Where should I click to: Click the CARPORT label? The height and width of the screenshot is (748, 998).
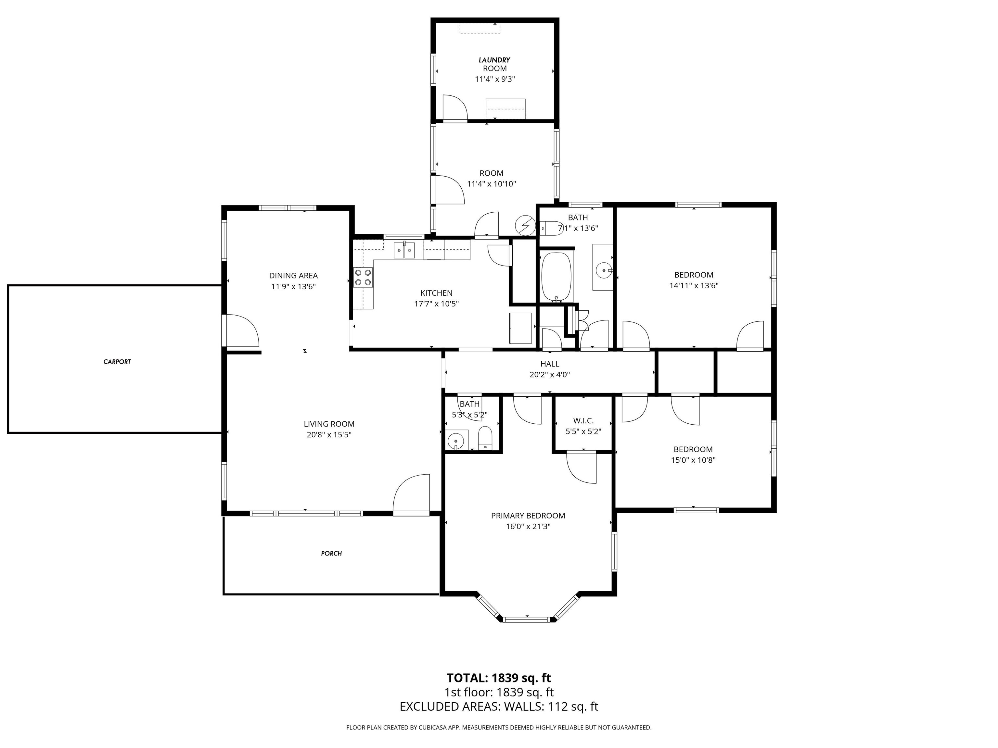click(117, 362)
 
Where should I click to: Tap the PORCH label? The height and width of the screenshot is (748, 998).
click(331, 553)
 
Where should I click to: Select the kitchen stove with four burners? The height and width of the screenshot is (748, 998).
click(363, 277)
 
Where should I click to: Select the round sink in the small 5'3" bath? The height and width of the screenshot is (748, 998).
click(456, 440)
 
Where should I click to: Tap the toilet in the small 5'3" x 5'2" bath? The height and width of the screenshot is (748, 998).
click(485, 438)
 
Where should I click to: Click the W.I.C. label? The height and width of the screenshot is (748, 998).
click(583, 421)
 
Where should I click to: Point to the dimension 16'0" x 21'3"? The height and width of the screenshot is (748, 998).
click(528, 527)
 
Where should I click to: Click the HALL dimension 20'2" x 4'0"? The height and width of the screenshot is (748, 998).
click(550, 374)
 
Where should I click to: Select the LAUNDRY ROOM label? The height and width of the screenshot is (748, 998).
click(494, 64)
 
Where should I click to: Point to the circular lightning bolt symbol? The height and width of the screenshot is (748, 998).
click(524, 225)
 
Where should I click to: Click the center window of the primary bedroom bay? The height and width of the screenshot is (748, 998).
click(527, 619)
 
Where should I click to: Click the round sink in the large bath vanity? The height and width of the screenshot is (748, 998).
click(603, 270)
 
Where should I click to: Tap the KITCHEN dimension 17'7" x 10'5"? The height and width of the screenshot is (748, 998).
click(436, 304)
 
